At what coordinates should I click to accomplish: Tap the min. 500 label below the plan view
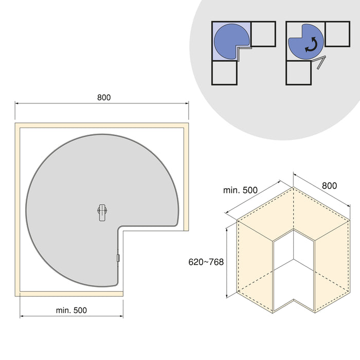71,310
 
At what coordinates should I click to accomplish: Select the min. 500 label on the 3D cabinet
241,190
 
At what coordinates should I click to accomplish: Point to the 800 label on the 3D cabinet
330,186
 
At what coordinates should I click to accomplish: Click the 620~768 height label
206,262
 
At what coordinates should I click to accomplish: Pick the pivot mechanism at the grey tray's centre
102,211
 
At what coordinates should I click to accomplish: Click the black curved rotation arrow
310,46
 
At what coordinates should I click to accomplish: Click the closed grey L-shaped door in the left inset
243,50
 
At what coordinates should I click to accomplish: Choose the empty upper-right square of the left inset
263,34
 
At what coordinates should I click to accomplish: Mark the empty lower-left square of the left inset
224,73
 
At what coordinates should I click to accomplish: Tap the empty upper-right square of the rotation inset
337,34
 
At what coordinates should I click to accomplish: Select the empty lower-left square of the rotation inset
298,73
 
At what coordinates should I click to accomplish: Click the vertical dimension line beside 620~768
226,262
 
